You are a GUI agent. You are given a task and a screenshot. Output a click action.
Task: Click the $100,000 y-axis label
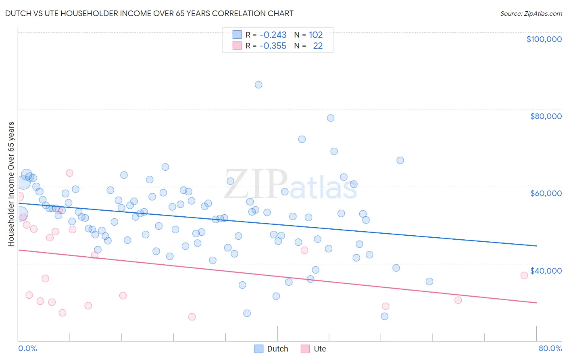pyautogui.click(x=544, y=39)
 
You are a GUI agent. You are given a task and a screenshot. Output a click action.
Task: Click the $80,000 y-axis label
pyautogui.click(x=546, y=116)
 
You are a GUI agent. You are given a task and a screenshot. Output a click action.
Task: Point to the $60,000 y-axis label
pyautogui.click(x=546, y=193)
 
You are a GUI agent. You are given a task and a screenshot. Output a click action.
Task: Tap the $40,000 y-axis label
pyautogui.click(x=546, y=271)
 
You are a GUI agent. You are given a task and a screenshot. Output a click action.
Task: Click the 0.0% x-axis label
pyautogui.click(x=27, y=348)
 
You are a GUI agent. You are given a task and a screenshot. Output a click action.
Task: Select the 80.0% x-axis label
pyautogui.click(x=550, y=348)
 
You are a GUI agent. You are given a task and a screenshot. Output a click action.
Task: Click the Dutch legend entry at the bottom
pyautogui.click(x=277, y=349)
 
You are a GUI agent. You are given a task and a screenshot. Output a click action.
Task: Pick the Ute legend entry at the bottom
pyautogui.click(x=319, y=349)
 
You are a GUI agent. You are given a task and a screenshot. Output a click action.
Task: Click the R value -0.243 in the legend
pyautogui.click(x=273, y=35)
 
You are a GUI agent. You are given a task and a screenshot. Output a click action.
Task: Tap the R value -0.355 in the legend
pyautogui.click(x=273, y=46)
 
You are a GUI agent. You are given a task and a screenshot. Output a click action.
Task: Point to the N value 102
pyautogui.click(x=316, y=35)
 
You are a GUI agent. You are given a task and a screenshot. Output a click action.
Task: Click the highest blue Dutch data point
pyautogui.click(x=258, y=85)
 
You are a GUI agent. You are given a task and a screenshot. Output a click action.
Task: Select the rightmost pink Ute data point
pyautogui.click(x=524, y=276)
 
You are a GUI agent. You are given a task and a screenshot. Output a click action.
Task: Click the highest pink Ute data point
pyautogui.click(x=69, y=173)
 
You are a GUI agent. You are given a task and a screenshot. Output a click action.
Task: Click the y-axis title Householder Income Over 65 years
pyautogui.click(x=11, y=184)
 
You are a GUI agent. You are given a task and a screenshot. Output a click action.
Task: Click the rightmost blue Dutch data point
pyautogui.click(x=429, y=282)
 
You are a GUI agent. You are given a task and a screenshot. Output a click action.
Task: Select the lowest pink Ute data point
pyautogui.click(x=192, y=317)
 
